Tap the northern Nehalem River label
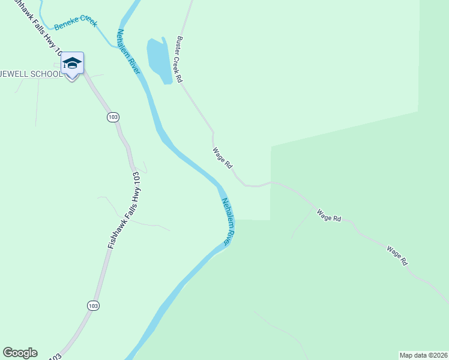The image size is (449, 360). [x=128, y=52]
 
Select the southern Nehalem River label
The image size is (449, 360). [x=227, y=221]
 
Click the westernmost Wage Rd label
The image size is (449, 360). [x=222, y=158]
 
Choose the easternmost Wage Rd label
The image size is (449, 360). [x=397, y=256]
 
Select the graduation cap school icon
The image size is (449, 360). [x=71, y=63]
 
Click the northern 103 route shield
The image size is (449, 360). [x=113, y=116]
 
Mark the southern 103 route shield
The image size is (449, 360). [x=92, y=305]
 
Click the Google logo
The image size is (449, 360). [x=20, y=353]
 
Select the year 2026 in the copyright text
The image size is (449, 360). [x=439, y=355]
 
